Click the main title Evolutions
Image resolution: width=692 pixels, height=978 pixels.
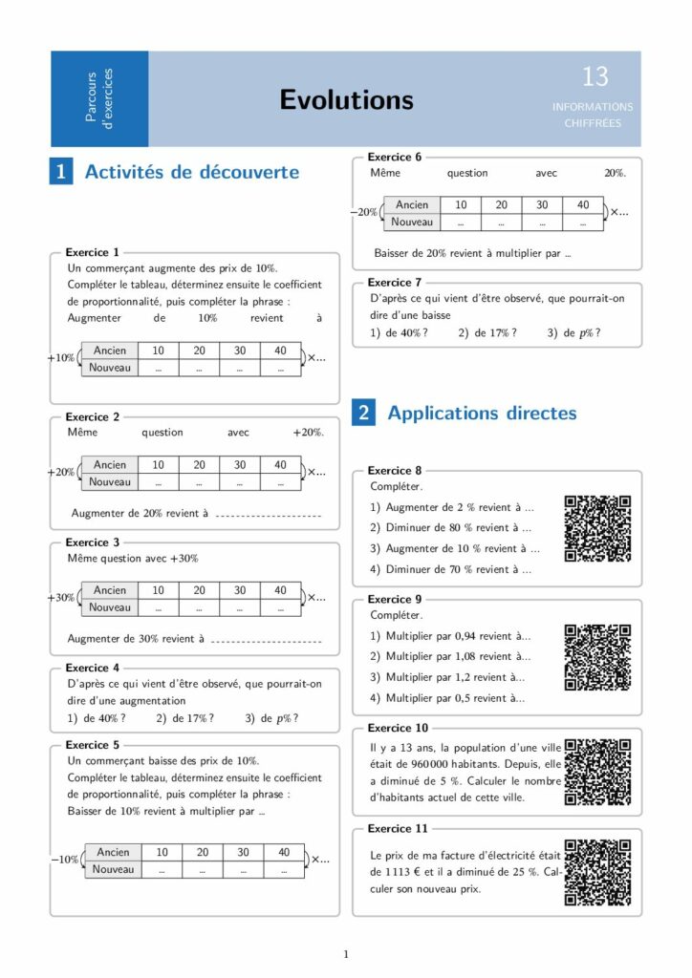click(346, 100)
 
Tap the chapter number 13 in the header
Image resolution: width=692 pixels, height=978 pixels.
click(595, 76)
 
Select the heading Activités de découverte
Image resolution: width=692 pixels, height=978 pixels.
click(191, 172)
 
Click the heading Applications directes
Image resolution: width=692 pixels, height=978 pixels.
click(482, 414)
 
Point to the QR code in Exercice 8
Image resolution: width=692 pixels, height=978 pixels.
click(597, 528)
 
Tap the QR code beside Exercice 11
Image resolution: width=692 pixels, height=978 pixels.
click(597, 872)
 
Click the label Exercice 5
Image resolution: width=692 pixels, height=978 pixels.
click(93, 745)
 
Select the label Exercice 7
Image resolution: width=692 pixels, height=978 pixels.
click(395, 283)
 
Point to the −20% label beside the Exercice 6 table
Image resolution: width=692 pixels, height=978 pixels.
click(364, 212)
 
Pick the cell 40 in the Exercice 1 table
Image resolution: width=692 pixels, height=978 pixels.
click(280, 351)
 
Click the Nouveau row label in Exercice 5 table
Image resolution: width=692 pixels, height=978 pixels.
click(114, 869)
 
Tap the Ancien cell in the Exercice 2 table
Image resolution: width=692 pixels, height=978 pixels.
click(110, 465)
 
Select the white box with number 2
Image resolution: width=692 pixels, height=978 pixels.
click(364, 414)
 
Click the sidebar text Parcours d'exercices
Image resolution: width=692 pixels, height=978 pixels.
click(99, 98)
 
